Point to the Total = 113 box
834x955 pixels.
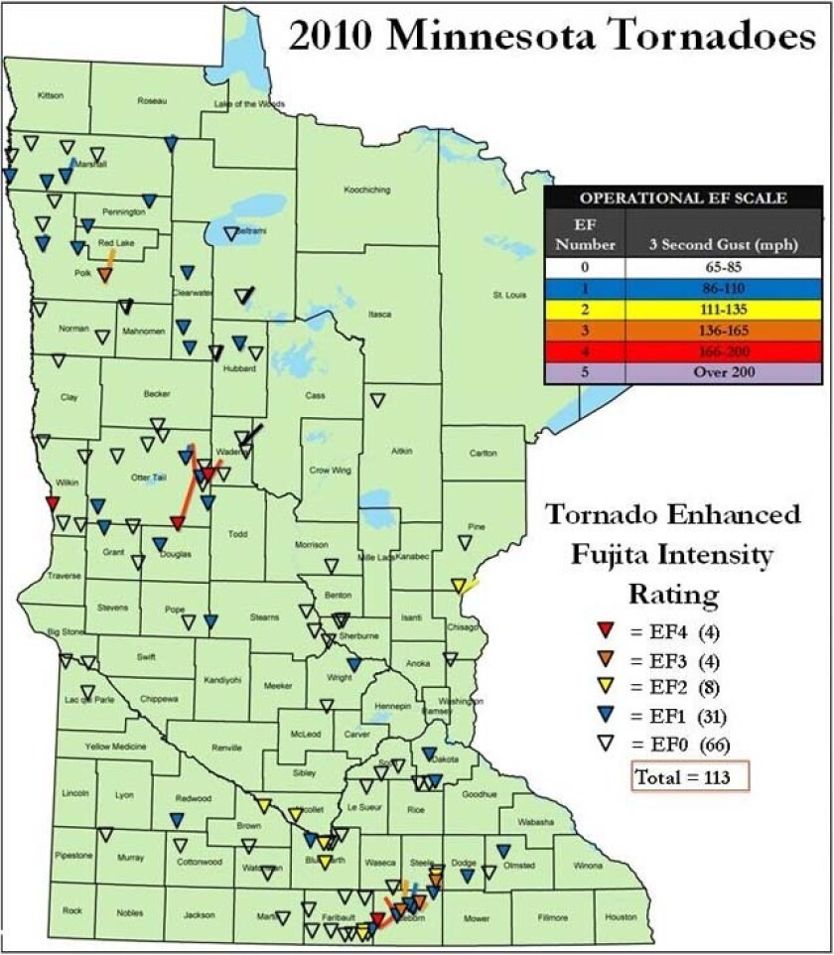(x=689, y=777)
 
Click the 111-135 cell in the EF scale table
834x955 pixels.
(x=723, y=309)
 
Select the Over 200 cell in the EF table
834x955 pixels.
(x=723, y=372)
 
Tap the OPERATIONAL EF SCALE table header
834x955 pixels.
(x=683, y=198)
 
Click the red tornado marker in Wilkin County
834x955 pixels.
(x=53, y=503)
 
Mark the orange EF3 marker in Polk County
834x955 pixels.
(x=104, y=274)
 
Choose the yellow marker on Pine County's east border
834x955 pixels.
(x=458, y=586)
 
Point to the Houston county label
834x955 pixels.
(x=621, y=916)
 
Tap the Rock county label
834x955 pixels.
(x=71, y=910)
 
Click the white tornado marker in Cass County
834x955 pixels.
(x=376, y=400)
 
